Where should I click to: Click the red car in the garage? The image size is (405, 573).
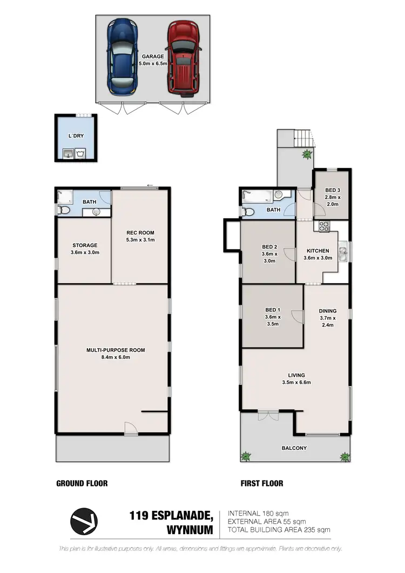tap(181, 58)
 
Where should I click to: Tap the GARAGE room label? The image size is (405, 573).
tap(152, 56)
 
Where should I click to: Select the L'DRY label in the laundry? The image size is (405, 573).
tap(76, 136)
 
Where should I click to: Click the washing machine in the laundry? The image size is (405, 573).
tap(80, 155)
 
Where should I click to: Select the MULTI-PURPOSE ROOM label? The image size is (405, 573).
tap(116, 350)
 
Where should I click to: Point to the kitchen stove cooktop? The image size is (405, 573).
tap(325, 227)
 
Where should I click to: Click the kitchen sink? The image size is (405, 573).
tap(343, 251)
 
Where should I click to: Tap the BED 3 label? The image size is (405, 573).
tap(332, 190)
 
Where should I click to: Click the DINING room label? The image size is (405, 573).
tap(327, 311)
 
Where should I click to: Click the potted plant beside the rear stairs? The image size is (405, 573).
tap(307, 154)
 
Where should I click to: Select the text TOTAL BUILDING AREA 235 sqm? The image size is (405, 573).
tap(279, 530)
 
